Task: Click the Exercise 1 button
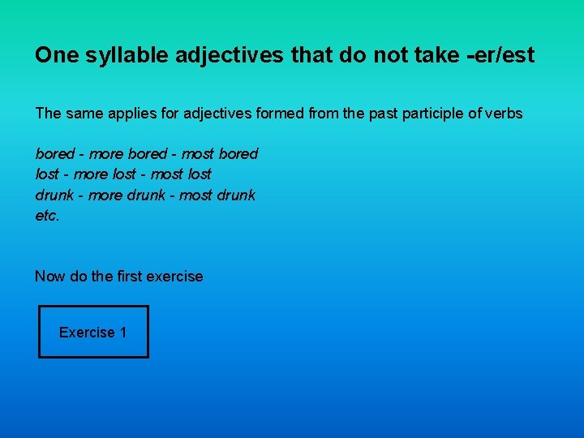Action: pyautogui.click(x=93, y=332)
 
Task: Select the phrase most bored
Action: pyautogui.click(x=220, y=153)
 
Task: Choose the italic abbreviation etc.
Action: pyautogui.click(x=47, y=217)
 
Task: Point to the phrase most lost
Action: pyautogui.click(x=181, y=174)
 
